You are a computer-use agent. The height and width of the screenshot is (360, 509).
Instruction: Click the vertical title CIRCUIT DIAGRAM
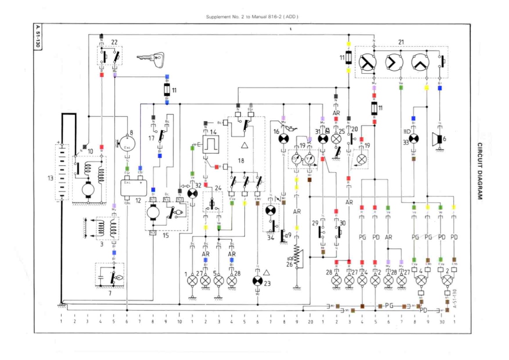[x=480, y=171]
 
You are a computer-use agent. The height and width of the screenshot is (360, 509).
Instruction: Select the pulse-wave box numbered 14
[x=209, y=145]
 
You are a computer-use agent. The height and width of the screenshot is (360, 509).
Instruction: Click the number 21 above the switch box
[x=401, y=42]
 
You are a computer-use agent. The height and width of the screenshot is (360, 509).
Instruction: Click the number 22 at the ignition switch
[x=114, y=42]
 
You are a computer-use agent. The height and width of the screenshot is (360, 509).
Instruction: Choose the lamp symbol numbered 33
[x=414, y=138]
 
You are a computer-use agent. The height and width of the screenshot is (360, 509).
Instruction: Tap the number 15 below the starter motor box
[x=165, y=235]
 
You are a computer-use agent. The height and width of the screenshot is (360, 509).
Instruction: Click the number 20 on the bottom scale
[x=310, y=322]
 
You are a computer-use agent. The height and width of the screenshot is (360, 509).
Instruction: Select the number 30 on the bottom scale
[x=442, y=322]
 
